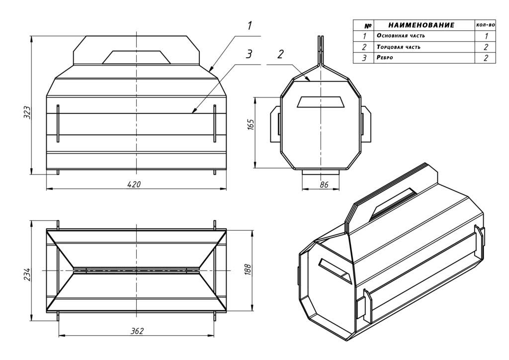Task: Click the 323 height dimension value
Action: coord(28,112)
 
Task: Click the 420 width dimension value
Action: coord(134,184)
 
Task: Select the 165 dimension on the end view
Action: coord(251,125)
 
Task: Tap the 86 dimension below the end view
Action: coord(324,184)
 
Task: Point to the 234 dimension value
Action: coord(27,274)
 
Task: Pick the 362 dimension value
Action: coord(137,331)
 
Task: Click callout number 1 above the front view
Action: coord(250,25)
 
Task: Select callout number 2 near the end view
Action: coord(281,54)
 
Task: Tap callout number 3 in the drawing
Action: coord(249,54)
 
